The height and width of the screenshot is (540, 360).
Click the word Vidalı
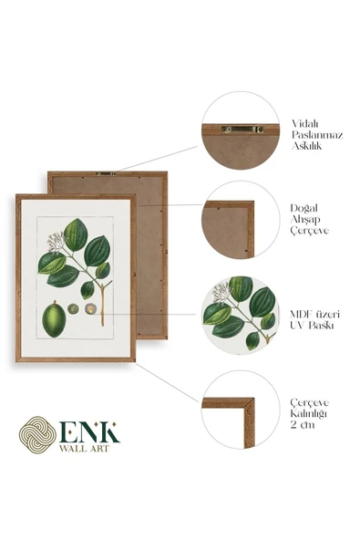pyautogui.click(x=305, y=124)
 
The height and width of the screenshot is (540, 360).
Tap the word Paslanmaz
pyautogui.click(x=317, y=135)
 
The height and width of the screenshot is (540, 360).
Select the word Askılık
pyautogui.click(x=306, y=146)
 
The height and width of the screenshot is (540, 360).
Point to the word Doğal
pyautogui.click(x=303, y=209)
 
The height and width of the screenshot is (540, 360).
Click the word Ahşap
pyautogui.click(x=305, y=220)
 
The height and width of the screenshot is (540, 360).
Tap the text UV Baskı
pyautogui.click(x=312, y=325)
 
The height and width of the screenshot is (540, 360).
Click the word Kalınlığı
pyautogui.click(x=308, y=413)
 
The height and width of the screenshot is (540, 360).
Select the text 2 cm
pyautogui.click(x=303, y=425)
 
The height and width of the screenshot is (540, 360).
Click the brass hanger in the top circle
pyautogui.click(x=242, y=130)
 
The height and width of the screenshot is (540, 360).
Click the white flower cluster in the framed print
pyautogui.click(x=56, y=242)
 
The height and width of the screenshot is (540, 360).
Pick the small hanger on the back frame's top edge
pyautogui.click(x=106, y=173)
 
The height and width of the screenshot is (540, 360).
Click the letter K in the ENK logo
pyautogui.click(x=108, y=431)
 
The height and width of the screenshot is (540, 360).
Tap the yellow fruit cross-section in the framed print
pyautogui.click(x=90, y=309)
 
